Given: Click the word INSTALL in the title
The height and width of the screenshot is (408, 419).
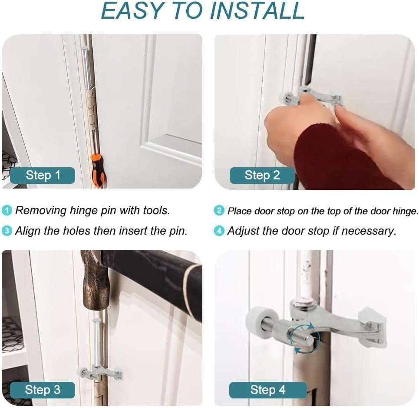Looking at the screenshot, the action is click(257, 11).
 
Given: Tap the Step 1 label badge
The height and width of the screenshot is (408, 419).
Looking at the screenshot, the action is click(43, 176).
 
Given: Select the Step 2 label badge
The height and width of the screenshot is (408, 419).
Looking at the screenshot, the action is click(262, 176).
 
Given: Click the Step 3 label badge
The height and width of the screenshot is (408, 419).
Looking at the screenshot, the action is click(43, 390).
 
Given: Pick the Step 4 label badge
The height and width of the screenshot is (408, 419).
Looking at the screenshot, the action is click(268, 390).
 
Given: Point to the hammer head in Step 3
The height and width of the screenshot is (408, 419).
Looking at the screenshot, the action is click(95, 281).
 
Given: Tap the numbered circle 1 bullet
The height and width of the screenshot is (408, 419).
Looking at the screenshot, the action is click(7, 211).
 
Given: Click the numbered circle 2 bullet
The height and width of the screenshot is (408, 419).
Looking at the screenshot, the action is click(219, 211).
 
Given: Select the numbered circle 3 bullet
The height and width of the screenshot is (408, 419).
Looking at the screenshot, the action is click(7, 231).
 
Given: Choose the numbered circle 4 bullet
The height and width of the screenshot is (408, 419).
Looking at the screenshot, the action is click(219, 231).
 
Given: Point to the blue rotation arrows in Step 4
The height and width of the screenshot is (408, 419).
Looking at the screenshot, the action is click(304, 338).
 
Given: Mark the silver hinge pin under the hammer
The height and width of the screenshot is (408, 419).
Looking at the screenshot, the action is click(96, 342).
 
